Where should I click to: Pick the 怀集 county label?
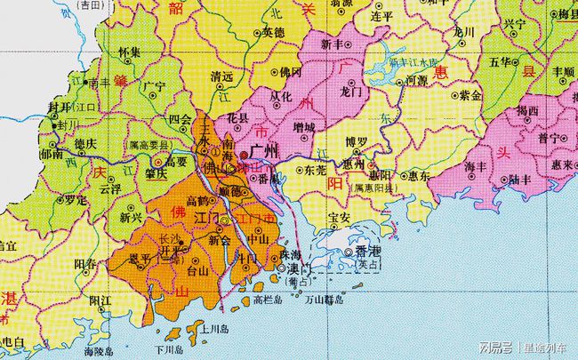129,52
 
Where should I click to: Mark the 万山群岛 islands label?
317,300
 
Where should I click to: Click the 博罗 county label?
357,141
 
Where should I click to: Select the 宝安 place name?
339,217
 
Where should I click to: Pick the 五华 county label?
500,61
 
